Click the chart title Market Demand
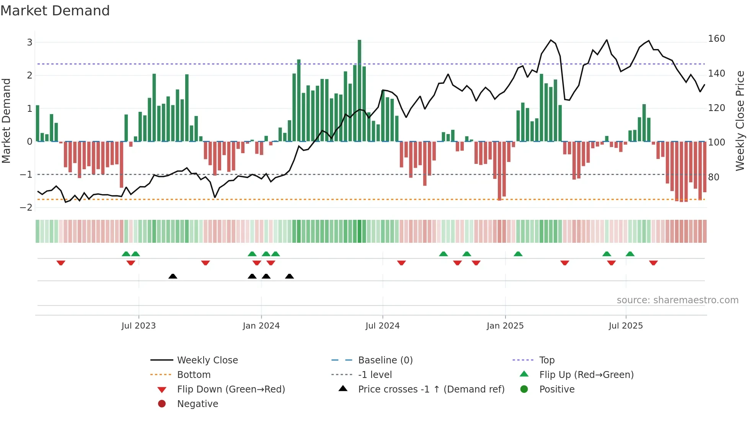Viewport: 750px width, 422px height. [x=55, y=11]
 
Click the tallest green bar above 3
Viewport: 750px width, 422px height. [x=359, y=90]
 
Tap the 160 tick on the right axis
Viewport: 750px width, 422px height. [x=716, y=39]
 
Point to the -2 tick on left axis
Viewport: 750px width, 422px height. [x=26, y=207]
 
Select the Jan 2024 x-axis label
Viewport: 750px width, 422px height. [x=261, y=326]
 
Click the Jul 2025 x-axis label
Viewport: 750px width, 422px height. [x=626, y=326]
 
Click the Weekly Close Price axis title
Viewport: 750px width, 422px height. [x=740, y=121]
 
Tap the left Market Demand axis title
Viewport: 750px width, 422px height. [x=6, y=121]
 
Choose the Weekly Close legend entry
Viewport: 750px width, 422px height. [x=207, y=360]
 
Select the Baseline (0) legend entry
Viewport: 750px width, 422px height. [x=385, y=360]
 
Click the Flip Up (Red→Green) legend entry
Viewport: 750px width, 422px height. [x=586, y=375]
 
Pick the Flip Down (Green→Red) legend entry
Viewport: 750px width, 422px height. [x=231, y=389]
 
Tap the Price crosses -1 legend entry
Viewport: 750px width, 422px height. [x=431, y=389]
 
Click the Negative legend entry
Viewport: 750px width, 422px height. [x=197, y=404]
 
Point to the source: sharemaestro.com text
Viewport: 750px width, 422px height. [x=677, y=300]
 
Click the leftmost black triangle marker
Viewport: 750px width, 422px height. [x=173, y=276]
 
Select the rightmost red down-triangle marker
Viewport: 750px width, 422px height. [x=653, y=263]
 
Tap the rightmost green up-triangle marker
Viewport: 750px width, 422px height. [x=630, y=254]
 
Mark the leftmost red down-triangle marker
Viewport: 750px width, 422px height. [x=61, y=263]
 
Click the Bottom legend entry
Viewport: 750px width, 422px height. [x=194, y=375]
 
